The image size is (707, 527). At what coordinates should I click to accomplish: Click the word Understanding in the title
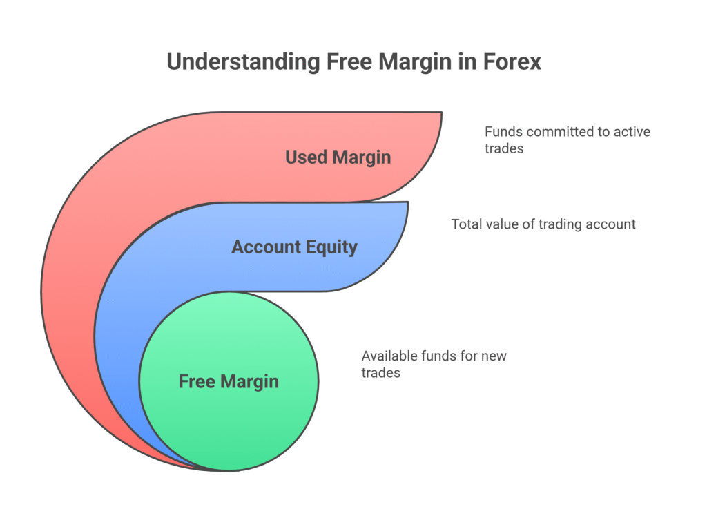point(244,62)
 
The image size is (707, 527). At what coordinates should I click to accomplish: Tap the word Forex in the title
point(512,61)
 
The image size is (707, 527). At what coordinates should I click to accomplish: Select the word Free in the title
point(349,61)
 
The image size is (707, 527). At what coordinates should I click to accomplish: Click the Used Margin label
point(338,157)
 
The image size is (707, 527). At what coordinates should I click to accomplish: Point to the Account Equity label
point(294,247)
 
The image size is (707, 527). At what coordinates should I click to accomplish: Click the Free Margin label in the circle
point(229,382)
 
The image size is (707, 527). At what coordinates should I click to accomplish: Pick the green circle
point(229,381)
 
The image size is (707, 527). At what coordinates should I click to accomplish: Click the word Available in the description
point(389,356)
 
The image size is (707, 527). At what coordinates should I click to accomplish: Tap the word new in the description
point(494,356)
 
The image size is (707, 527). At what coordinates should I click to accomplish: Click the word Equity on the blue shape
point(331,247)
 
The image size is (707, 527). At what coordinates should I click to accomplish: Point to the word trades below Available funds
point(380,373)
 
